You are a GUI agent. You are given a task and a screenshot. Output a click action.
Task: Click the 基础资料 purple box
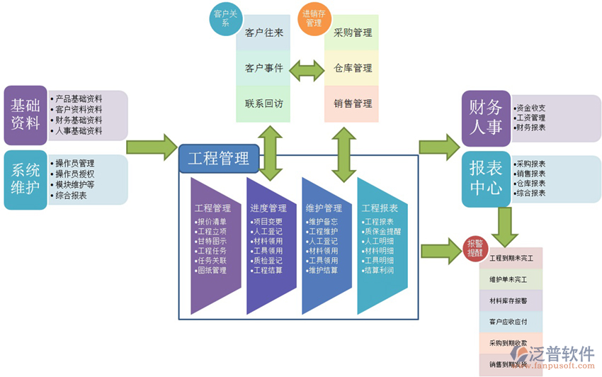[25, 113]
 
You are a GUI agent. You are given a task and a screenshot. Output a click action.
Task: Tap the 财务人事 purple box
[485, 117]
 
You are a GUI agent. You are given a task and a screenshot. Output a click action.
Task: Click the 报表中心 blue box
[485, 176]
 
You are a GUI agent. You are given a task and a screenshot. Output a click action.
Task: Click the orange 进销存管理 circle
[313, 18]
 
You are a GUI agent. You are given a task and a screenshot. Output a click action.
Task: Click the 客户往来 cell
[263, 33]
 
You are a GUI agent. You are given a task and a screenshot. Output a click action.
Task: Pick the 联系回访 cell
[263, 103]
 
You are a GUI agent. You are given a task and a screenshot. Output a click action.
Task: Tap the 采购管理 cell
[352, 33]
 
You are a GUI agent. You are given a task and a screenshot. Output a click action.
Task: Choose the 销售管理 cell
[352, 103]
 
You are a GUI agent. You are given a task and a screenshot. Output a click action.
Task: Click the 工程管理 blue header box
[223, 158]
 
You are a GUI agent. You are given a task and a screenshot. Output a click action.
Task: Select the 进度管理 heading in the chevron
[268, 208]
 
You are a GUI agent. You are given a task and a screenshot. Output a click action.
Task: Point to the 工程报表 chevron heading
[380, 208]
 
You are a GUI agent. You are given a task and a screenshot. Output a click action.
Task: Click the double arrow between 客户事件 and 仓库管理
[307, 69]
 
